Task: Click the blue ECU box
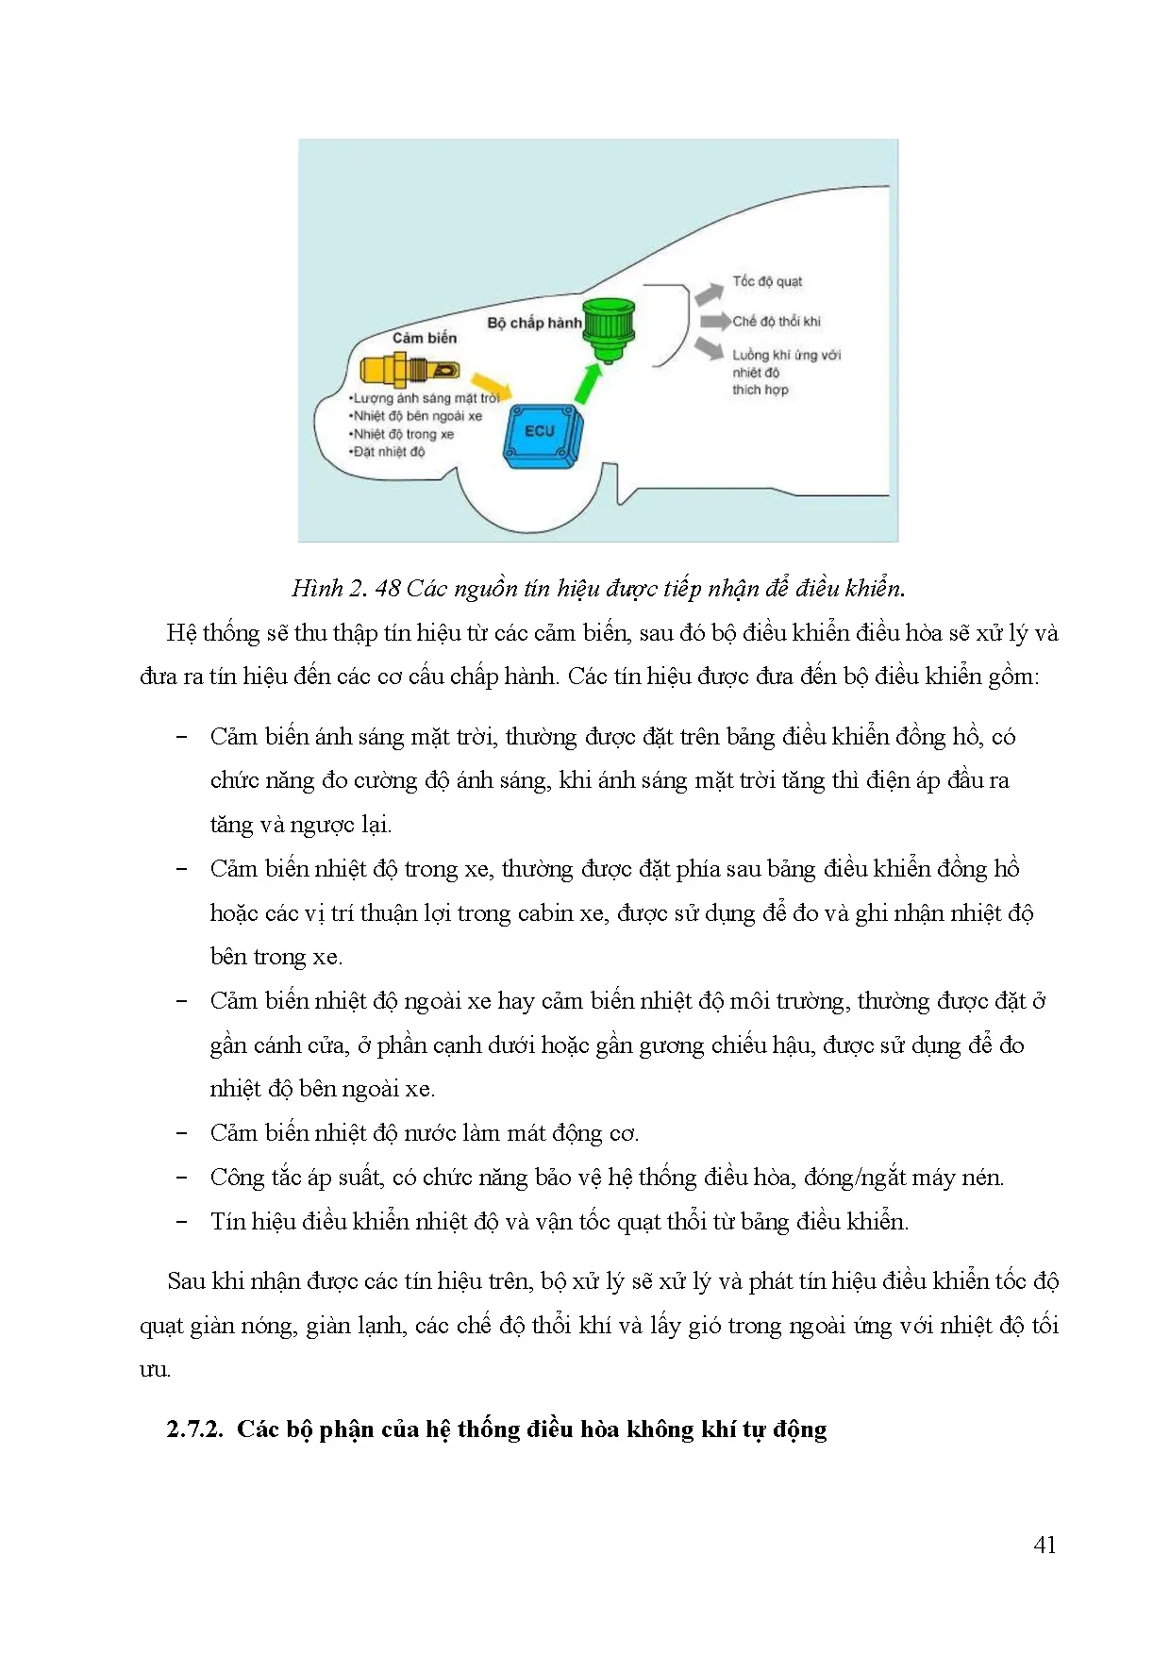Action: tap(542, 435)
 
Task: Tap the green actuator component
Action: tap(609, 328)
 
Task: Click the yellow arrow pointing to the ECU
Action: tap(491, 384)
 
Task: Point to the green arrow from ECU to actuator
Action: tap(587, 383)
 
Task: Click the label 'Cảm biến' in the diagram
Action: tap(425, 338)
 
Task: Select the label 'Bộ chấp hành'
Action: tap(534, 323)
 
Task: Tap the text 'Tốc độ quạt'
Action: tap(767, 281)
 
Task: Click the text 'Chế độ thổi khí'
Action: tap(777, 321)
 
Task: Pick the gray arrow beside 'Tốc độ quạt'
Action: tap(709, 293)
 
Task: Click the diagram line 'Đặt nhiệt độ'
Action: tap(388, 452)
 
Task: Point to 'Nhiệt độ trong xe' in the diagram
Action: tap(402, 434)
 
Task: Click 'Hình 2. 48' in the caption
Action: tap(345, 589)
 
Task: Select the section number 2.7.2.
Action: tap(194, 1429)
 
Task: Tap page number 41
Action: tap(1045, 1545)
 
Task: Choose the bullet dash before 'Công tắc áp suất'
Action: tap(182, 1178)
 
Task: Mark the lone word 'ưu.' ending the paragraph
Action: tap(155, 1369)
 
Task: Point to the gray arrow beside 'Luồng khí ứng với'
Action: tap(709, 348)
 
